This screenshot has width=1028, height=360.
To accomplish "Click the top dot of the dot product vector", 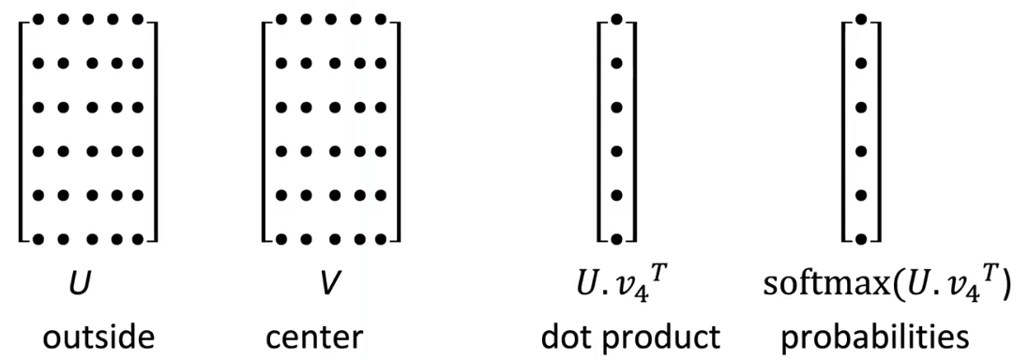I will [616, 19].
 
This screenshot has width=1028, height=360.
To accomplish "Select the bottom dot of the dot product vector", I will [616, 239].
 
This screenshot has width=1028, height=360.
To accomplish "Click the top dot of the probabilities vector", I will [861, 19].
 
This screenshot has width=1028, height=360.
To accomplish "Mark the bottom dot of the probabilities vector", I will [861, 239].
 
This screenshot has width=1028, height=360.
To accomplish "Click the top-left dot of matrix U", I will [38, 19].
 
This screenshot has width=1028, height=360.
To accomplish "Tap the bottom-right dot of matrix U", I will [138, 239].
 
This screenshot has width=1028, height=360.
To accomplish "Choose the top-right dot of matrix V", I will [382, 19].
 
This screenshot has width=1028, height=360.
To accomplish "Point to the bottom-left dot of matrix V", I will [281, 239].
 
